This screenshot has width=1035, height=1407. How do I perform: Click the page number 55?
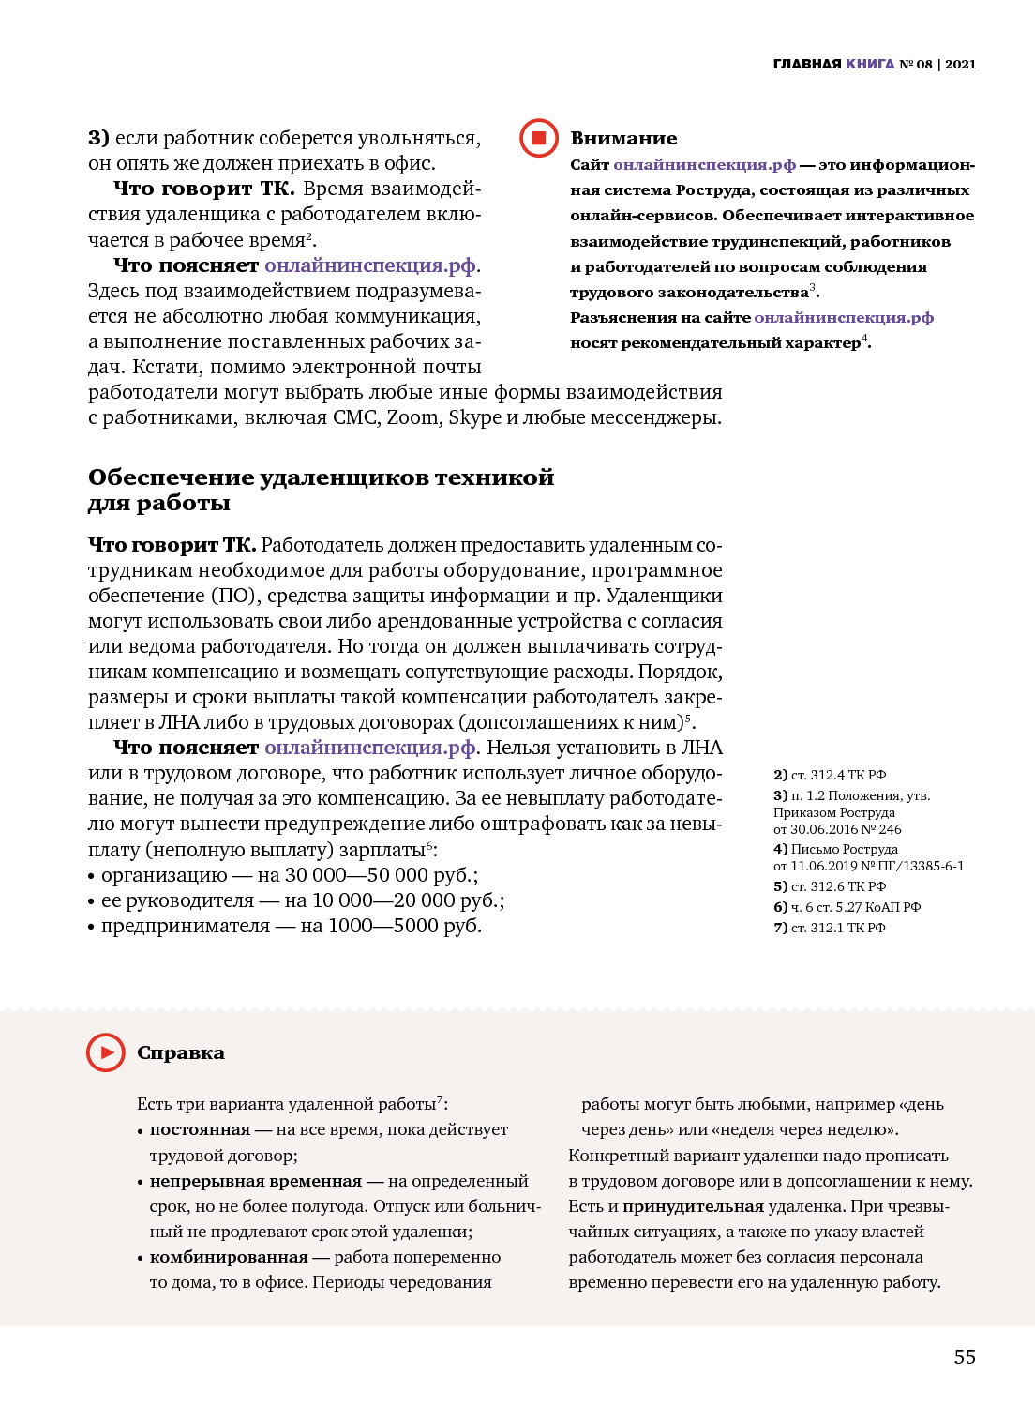(965, 1356)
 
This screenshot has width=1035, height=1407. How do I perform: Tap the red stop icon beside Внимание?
(539, 138)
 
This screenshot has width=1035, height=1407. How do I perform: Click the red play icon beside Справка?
(106, 1052)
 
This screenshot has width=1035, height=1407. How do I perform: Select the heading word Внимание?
(623, 138)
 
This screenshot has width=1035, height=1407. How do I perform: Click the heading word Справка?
(181, 1052)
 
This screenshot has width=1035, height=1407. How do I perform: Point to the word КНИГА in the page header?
(870, 64)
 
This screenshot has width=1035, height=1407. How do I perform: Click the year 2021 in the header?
(960, 64)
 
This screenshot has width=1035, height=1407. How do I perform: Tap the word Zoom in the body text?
(412, 417)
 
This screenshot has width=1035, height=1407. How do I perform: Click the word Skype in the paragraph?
(474, 417)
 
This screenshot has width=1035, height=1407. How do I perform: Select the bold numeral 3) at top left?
(98, 138)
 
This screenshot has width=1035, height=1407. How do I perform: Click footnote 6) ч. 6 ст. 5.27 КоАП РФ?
(847, 907)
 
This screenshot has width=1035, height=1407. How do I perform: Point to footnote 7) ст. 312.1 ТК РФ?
(829, 928)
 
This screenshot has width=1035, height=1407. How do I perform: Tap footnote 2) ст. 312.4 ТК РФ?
(829, 775)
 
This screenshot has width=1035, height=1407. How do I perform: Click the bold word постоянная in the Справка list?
(200, 1129)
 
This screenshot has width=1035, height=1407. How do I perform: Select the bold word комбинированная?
(229, 1257)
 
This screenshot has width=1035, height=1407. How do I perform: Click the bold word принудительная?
(694, 1206)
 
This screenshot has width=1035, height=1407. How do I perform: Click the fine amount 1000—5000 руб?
(404, 926)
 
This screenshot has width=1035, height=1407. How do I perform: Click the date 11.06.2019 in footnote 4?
(824, 866)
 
